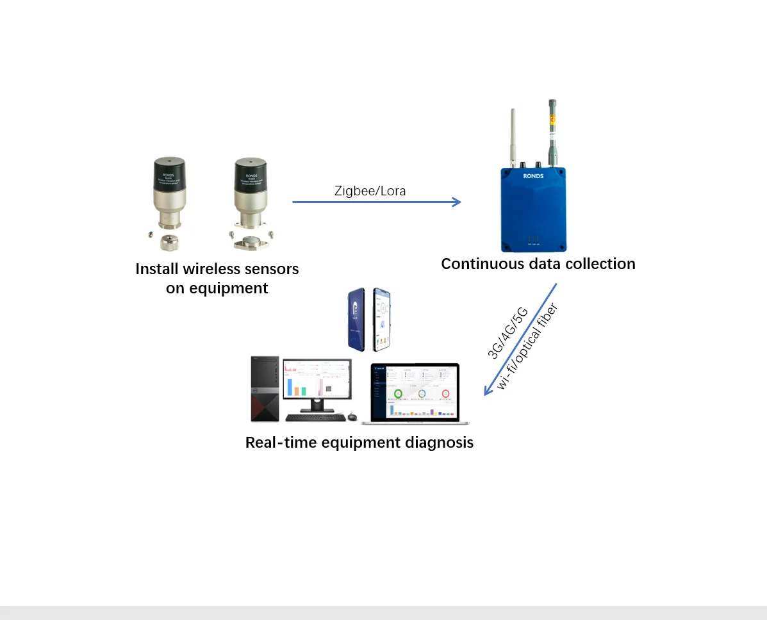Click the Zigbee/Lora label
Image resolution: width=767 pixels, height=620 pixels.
tap(370, 191)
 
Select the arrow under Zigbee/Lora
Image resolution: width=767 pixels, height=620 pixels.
tap(376, 202)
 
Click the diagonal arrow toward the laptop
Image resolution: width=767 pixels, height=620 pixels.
tap(520, 339)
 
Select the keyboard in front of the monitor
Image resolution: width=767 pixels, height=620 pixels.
tap(315, 418)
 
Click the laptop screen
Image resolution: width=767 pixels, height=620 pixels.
tap(415, 393)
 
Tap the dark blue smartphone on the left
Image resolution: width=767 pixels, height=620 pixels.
tap(359, 319)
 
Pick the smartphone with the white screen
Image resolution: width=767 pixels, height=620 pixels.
tap(381, 318)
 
